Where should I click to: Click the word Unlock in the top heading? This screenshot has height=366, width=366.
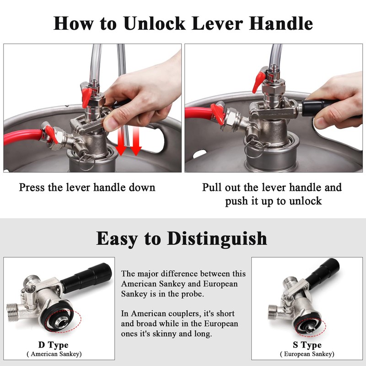coord(155,23)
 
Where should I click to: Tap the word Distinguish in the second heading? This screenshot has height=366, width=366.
coord(217,239)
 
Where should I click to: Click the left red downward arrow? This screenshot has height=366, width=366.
coord(121,141)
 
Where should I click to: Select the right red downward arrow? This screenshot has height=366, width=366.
coord(135,141)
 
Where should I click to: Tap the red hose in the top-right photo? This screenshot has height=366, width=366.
coord(199,113)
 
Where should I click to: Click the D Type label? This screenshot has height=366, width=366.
coord(54,345)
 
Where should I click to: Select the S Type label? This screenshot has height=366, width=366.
coord(307,345)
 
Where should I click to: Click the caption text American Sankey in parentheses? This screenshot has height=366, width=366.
coord(54,354)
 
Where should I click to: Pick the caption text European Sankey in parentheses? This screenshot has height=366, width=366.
coord(307,354)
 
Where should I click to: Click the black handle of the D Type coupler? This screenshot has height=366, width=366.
coord(86,278)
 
